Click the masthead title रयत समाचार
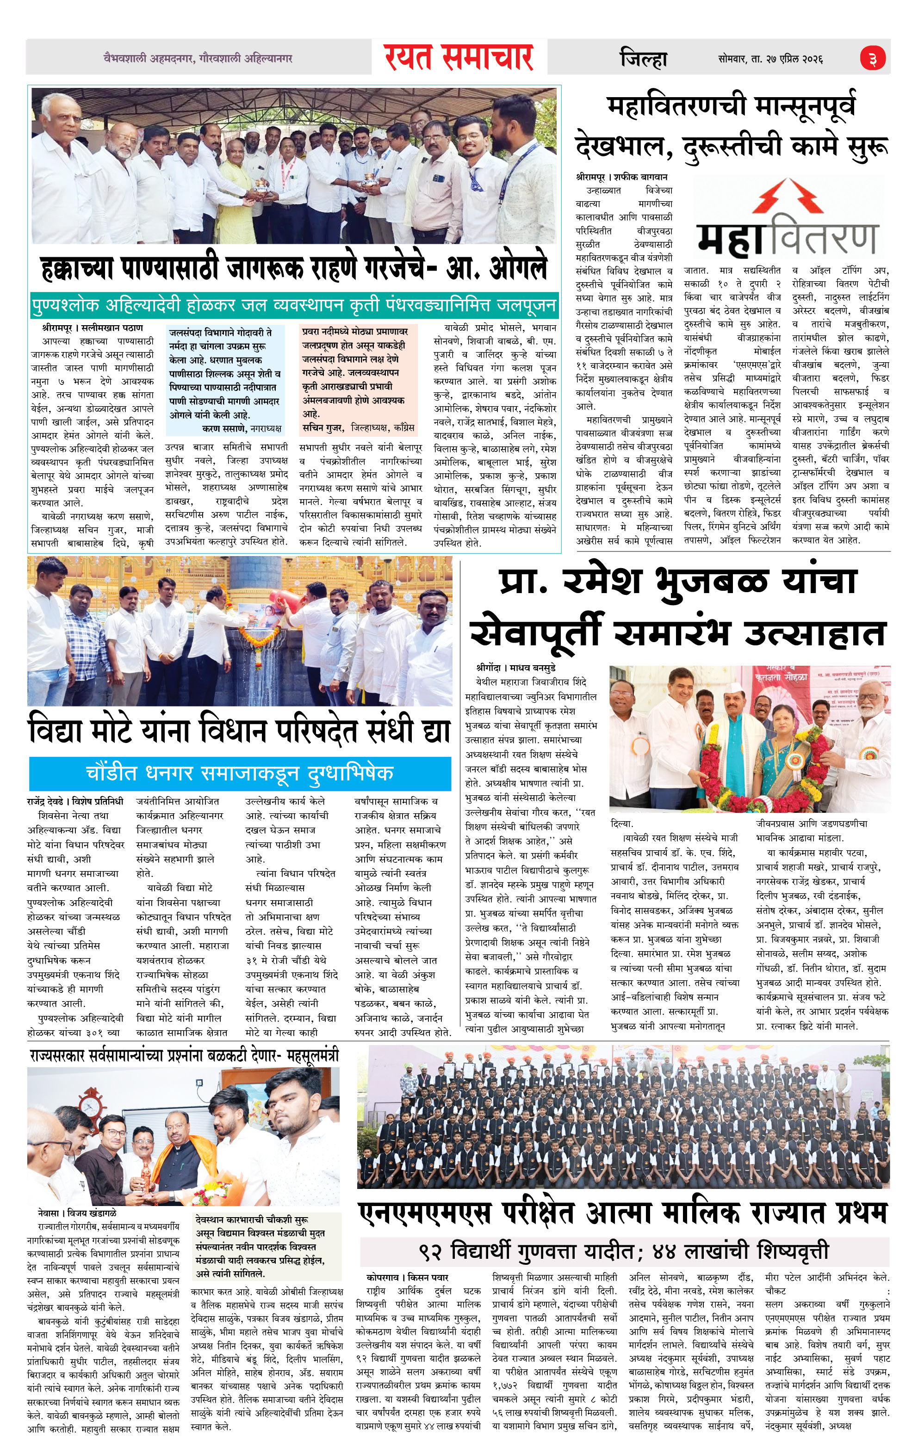459,57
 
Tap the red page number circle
872,59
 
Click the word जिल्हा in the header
643,58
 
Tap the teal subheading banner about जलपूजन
294,305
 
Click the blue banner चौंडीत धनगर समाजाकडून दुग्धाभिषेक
239,773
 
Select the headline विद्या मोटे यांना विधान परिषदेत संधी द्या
239,730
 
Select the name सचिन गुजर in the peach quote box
323,427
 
